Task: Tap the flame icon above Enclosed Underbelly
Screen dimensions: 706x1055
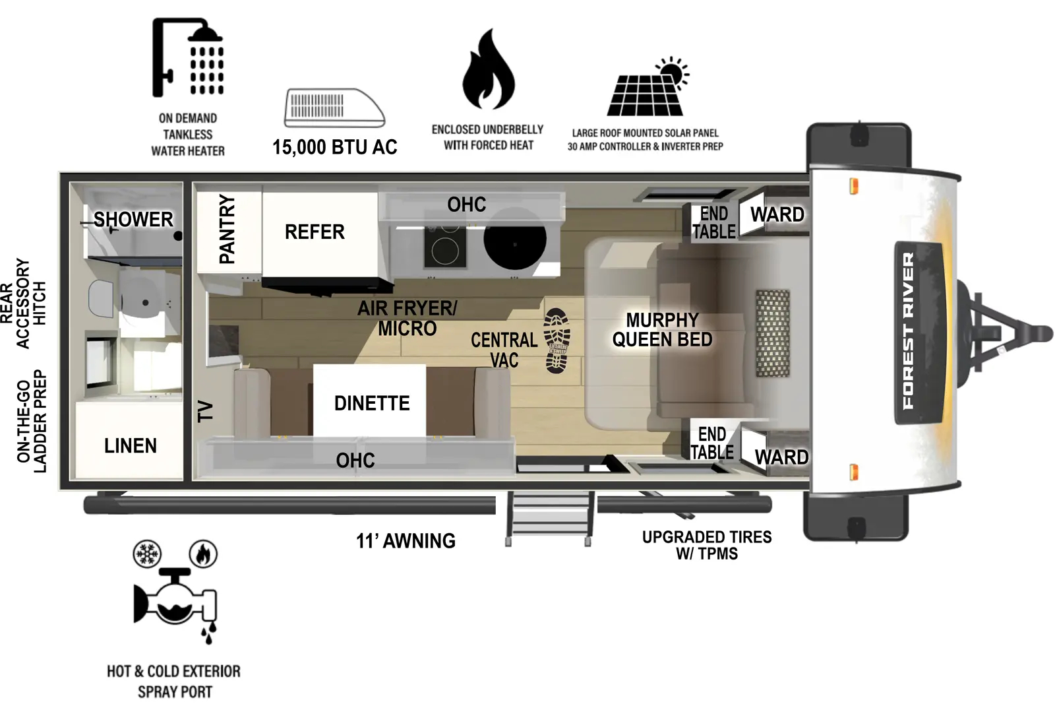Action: coord(487,71)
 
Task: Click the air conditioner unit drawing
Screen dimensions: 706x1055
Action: coord(334,108)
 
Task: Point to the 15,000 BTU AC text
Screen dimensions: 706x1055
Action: coord(334,147)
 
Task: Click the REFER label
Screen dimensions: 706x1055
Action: coord(315,232)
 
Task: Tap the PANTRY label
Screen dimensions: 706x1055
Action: coord(227,229)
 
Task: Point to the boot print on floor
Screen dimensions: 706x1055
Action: coord(557,340)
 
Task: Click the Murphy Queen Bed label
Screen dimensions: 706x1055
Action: coord(662,330)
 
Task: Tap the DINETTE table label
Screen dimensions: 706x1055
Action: coord(371,403)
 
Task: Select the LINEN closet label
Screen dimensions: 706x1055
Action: coord(131,446)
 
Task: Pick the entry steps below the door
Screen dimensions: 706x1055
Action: coord(549,518)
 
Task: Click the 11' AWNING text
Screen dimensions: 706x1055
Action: coord(406,541)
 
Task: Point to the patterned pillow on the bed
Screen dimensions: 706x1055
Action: coord(772,333)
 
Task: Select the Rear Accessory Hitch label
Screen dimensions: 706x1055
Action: coord(23,304)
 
